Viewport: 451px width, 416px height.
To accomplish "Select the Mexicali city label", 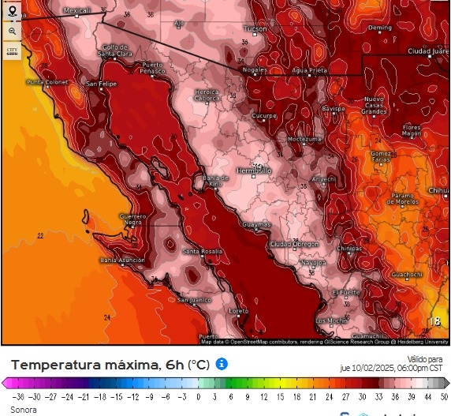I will coord(76,11).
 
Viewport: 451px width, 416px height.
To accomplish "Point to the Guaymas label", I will coord(256,224).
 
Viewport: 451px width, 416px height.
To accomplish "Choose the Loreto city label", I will coord(238,311).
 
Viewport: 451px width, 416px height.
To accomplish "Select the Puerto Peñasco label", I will coord(153,67).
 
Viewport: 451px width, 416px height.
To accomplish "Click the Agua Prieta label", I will coord(309,70).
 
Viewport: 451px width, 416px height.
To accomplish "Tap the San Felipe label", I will coord(101,84).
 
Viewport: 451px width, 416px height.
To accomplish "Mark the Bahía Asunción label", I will coord(122,260).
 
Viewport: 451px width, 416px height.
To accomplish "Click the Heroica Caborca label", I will coord(207,96).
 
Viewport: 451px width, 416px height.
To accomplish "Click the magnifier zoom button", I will coord(12,32).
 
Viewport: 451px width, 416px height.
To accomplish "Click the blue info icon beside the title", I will coord(222,364).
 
